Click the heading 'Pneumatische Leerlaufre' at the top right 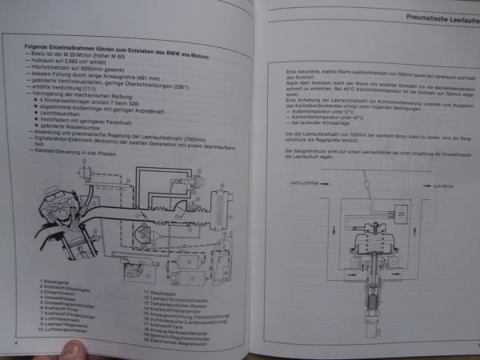pos(432,16)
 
